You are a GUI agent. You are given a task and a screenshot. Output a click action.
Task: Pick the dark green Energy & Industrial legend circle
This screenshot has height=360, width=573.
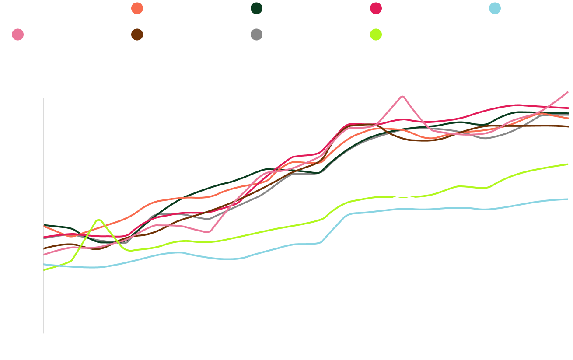(257, 9)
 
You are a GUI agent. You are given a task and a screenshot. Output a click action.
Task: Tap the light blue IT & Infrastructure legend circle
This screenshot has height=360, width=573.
(495, 9)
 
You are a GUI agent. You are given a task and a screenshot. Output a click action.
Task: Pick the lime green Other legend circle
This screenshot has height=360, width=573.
(376, 35)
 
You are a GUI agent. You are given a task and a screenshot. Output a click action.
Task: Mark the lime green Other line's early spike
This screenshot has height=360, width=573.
(99, 220)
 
